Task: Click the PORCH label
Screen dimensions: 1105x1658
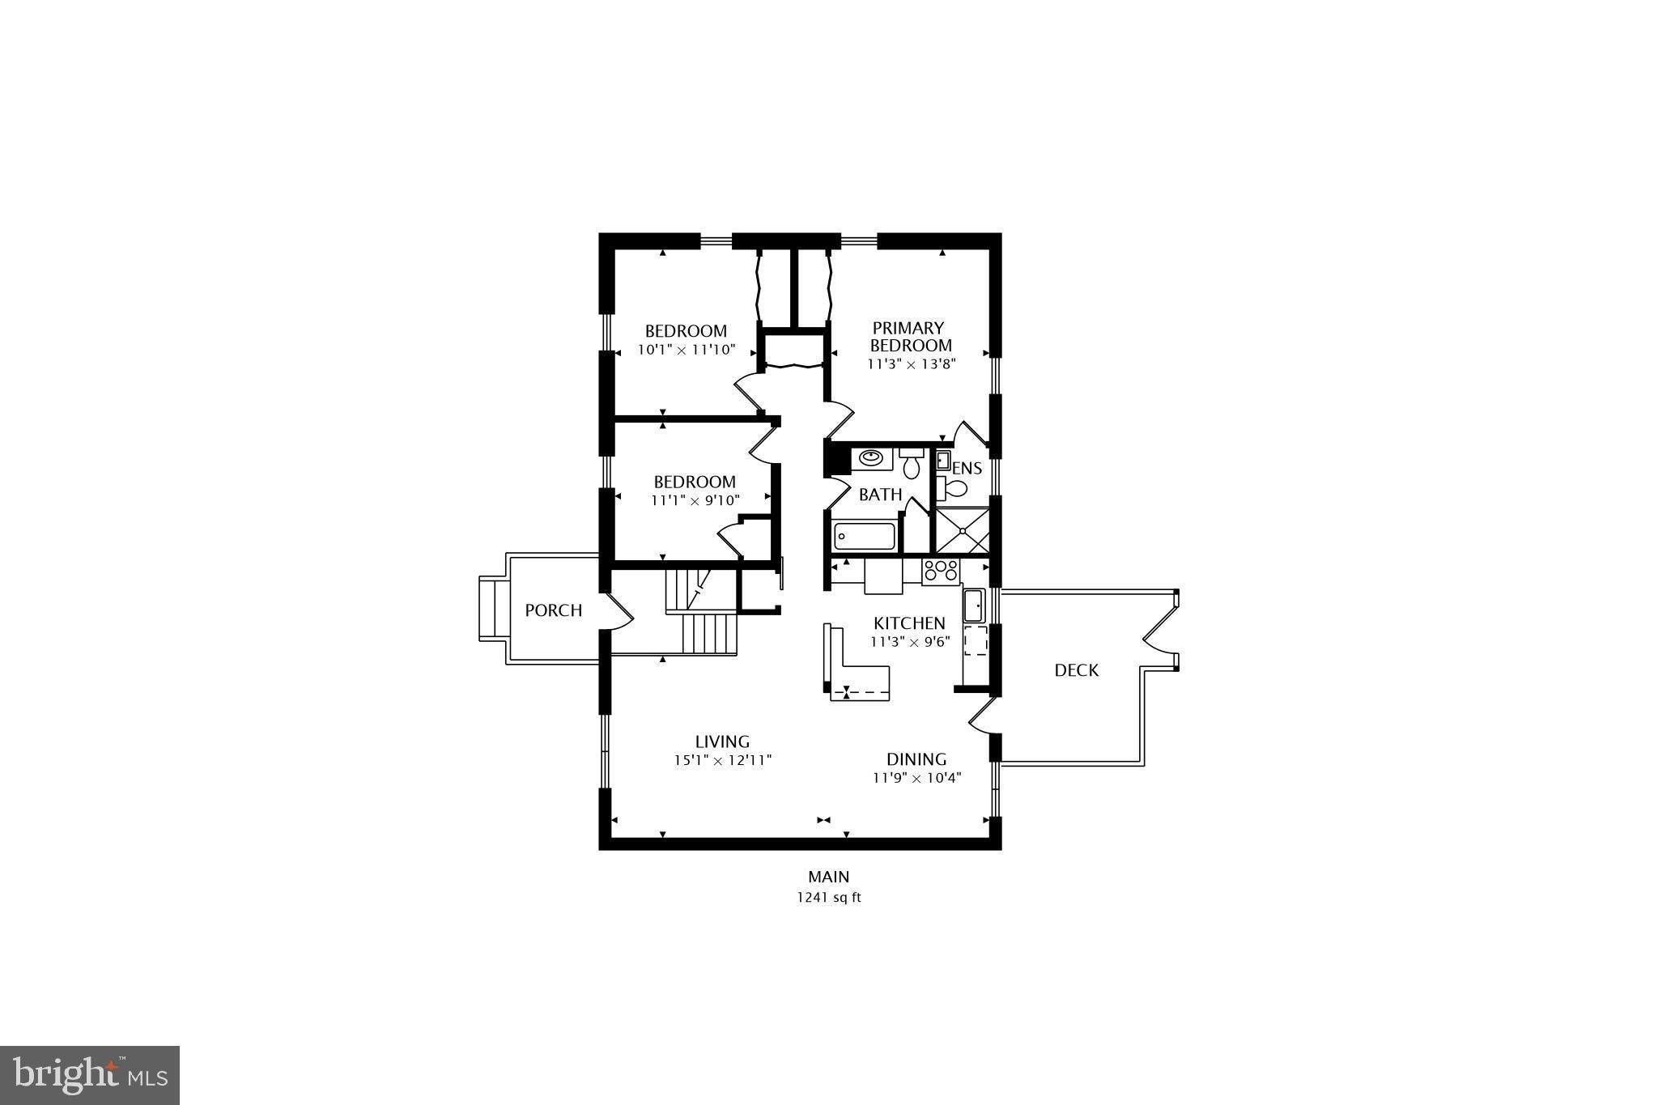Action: (553, 610)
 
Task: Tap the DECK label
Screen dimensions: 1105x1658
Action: (1076, 670)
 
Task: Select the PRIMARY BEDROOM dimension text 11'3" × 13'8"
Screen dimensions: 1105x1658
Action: (912, 364)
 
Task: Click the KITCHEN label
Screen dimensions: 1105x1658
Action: (909, 623)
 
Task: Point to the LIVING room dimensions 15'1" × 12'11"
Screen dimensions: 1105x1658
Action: (722, 760)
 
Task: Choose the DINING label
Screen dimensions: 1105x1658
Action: (916, 759)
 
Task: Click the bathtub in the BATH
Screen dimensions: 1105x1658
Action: (865, 536)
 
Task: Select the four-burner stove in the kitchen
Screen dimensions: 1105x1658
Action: (941, 571)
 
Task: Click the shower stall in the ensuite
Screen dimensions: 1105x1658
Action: (962, 530)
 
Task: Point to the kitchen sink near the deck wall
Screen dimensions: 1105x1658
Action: (973, 605)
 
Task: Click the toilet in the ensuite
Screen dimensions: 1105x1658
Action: (953, 488)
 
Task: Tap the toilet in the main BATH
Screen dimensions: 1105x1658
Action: (912, 464)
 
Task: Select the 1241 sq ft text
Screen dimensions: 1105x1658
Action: (828, 897)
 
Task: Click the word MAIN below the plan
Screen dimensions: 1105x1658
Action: (828, 877)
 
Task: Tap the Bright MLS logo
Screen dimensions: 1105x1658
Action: (90, 1075)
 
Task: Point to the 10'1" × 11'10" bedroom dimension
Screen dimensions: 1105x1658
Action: (686, 350)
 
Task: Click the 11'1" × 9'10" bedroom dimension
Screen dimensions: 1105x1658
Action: (695, 500)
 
